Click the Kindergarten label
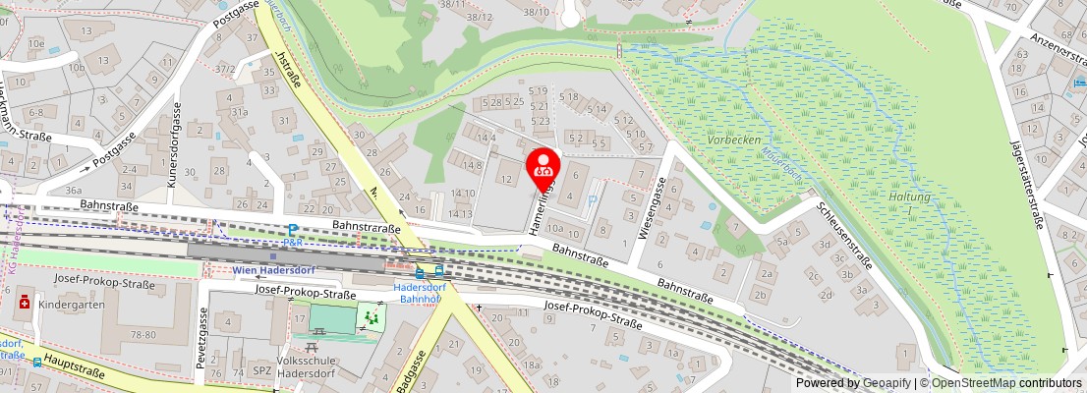(71, 305)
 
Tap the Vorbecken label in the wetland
(734, 140)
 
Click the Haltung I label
(888, 203)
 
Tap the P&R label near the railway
(292, 242)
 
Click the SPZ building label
(262, 370)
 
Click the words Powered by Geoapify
(852, 383)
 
